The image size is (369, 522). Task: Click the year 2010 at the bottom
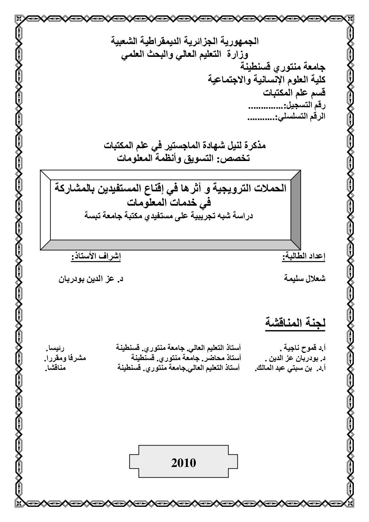click(184, 463)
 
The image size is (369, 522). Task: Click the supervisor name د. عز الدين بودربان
click(90, 279)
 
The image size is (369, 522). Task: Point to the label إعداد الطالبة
click(304, 257)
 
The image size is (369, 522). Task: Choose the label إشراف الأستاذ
click(96, 257)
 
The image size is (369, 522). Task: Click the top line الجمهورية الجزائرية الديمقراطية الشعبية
click(185, 41)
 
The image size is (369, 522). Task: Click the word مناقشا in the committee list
click(55, 368)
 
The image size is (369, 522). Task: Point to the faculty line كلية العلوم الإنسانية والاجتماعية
click(267, 80)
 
